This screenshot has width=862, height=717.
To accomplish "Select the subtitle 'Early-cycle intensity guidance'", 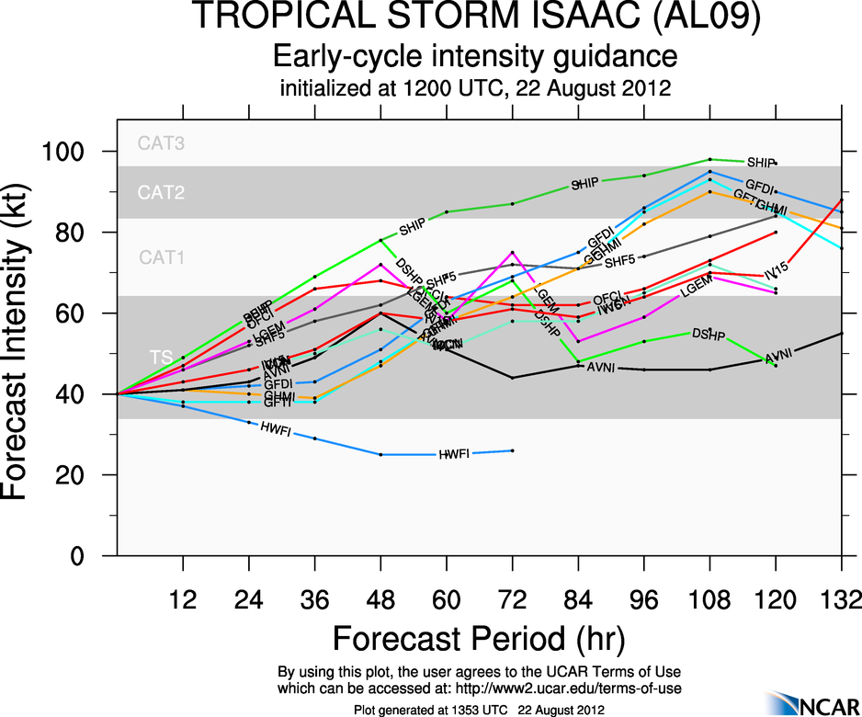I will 475,57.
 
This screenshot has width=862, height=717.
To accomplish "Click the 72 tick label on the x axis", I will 512,598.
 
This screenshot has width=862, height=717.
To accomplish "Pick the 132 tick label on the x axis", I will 840,598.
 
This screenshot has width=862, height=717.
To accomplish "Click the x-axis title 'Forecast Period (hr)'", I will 475,638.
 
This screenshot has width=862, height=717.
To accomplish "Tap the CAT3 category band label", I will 162,143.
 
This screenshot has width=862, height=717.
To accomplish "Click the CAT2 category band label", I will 162,193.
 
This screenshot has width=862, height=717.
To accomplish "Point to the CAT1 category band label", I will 162,258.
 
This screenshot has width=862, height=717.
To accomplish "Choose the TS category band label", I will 160,357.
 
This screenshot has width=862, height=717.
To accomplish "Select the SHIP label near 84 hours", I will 584,184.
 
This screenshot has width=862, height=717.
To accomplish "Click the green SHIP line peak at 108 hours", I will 709,159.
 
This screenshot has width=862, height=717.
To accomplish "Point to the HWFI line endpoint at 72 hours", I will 512,450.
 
